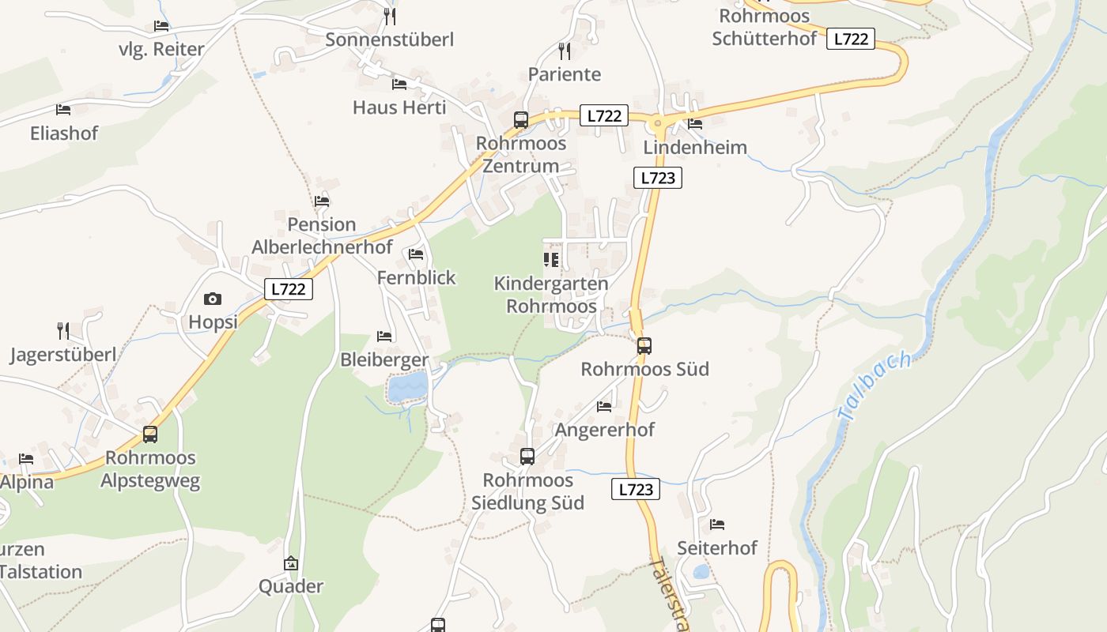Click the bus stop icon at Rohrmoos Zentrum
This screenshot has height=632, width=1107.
tap(520, 120)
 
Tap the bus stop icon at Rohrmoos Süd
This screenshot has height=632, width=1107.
tap(644, 345)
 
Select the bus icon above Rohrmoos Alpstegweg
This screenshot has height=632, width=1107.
tap(150, 434)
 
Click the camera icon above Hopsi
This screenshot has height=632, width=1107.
tap(213, 299)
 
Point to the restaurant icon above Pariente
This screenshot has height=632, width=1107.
tap(565, 51)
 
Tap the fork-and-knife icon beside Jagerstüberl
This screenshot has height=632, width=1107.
tap(63, 330)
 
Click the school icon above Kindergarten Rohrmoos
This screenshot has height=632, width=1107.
tap(551, 259)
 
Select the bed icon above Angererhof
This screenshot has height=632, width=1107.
tap(605, 407)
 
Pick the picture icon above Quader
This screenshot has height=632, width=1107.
tap(291, 563)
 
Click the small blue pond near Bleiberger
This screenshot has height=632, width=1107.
tap(408, 386)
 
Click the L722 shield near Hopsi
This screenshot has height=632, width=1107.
tap(288, 289)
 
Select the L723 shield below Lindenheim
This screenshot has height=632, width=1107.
tap(657, 178)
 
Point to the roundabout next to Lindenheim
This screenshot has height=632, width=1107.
tap(656, 123)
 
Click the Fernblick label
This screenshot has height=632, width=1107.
tap(417, 277)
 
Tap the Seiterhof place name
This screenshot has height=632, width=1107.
tap(717, 547)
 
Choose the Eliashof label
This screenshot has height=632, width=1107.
tap(64, 133)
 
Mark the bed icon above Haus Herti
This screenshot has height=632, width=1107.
tap(399, 84)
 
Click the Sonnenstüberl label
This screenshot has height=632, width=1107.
tap(389, 39)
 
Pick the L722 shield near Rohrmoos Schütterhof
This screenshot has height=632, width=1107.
tap(851, 39)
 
